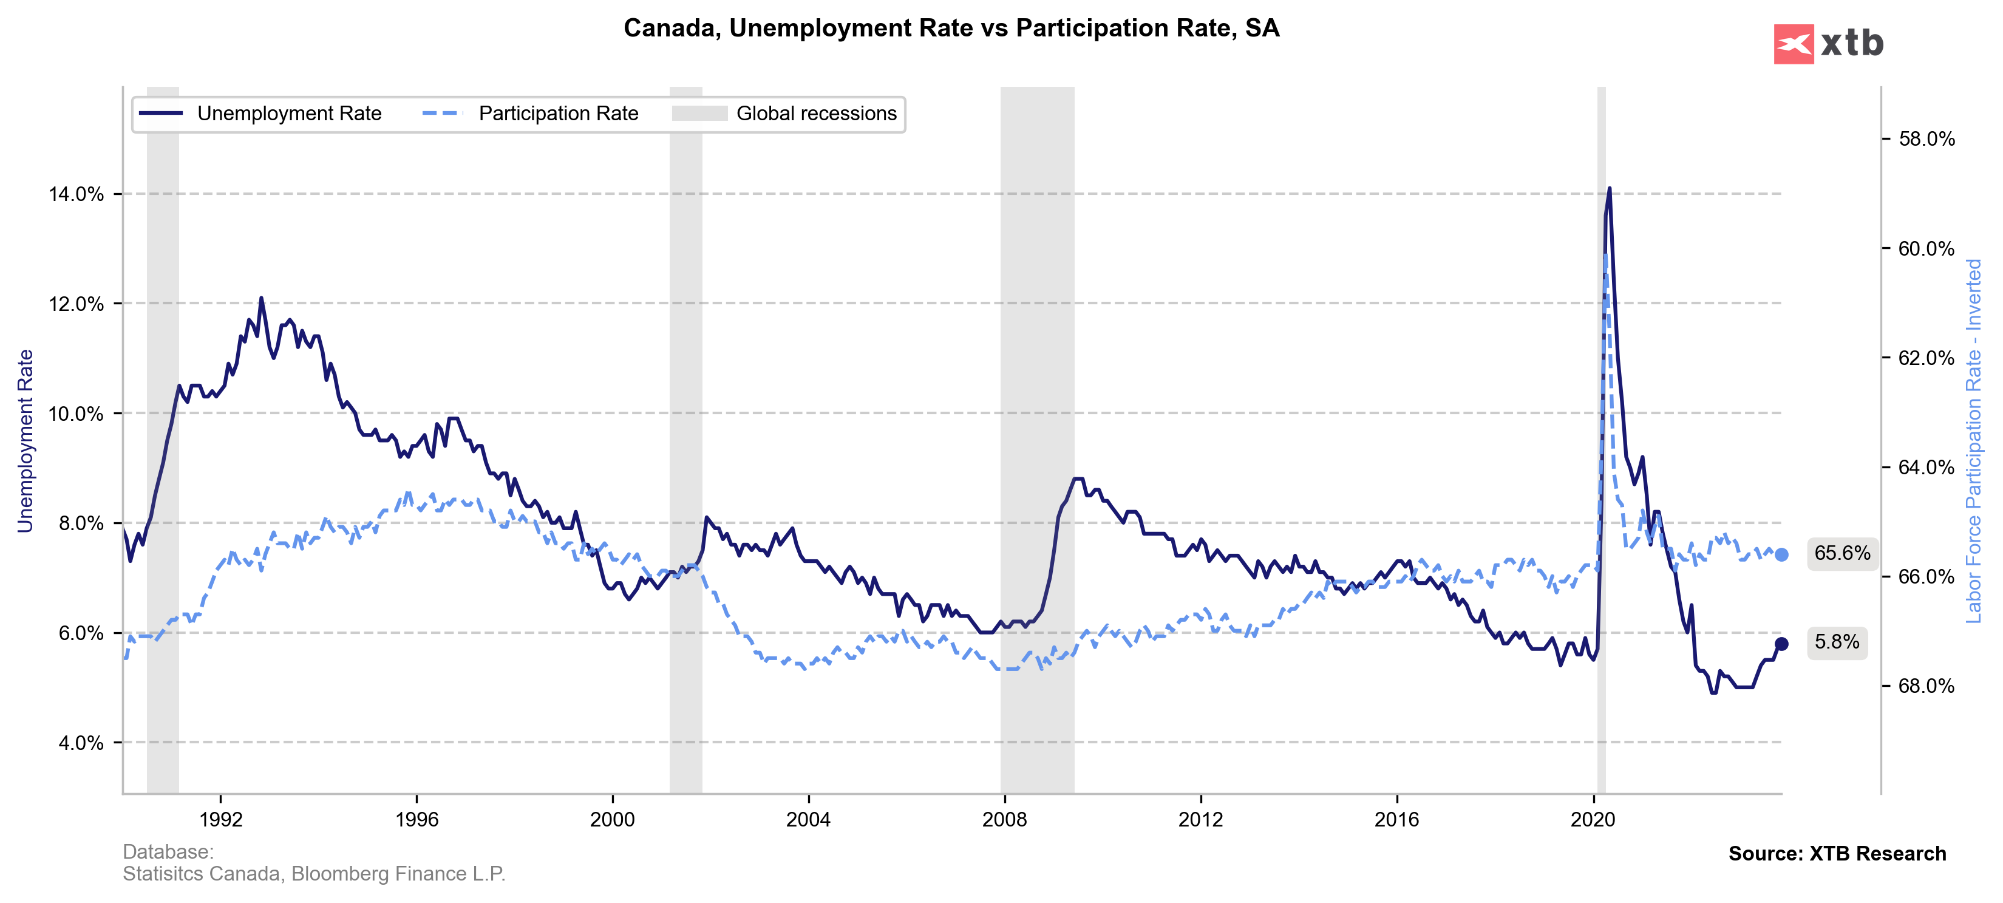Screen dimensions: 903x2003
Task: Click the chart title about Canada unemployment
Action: [x=951, y=28]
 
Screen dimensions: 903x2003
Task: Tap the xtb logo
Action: [x=1828, y=44]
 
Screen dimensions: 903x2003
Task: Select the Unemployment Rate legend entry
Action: [x=260, y=114]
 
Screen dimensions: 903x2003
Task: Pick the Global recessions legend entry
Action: [x=784, y=114]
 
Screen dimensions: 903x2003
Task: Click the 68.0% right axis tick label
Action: [x=1926, y=686]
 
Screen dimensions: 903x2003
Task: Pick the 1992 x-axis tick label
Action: [x=221, y=819]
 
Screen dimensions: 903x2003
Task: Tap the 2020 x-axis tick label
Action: [x=1593, y=819]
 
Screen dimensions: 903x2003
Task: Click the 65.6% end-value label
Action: [x=1841, y=554]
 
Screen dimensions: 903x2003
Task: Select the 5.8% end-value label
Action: [x=1837, y=642]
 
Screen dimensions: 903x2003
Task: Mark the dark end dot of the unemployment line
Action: [x=1781, y=644]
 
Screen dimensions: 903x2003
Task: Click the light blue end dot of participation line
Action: [x=1781, y=554]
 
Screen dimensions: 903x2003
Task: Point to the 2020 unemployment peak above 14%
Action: [x=1609, y=188]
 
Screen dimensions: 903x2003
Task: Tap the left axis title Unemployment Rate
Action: [x=26, y=440]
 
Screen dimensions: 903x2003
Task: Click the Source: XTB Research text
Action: [x=1837, y=853]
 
